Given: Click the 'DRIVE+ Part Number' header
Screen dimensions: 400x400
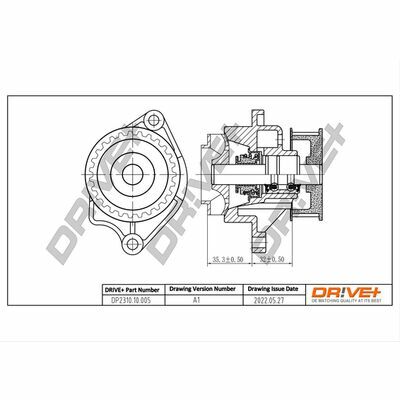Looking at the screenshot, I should pos(132,288).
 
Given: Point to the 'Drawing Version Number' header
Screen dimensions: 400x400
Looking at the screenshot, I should pos(199,288).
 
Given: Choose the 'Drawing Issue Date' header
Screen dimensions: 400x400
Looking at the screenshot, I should pos(266,288).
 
